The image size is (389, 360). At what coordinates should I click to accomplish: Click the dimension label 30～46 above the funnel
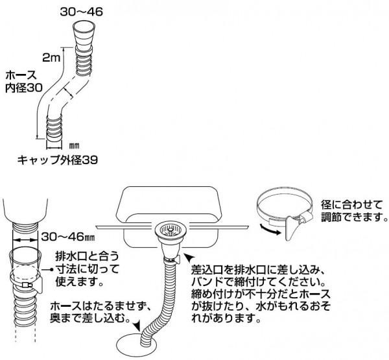(x=81, y=10)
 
